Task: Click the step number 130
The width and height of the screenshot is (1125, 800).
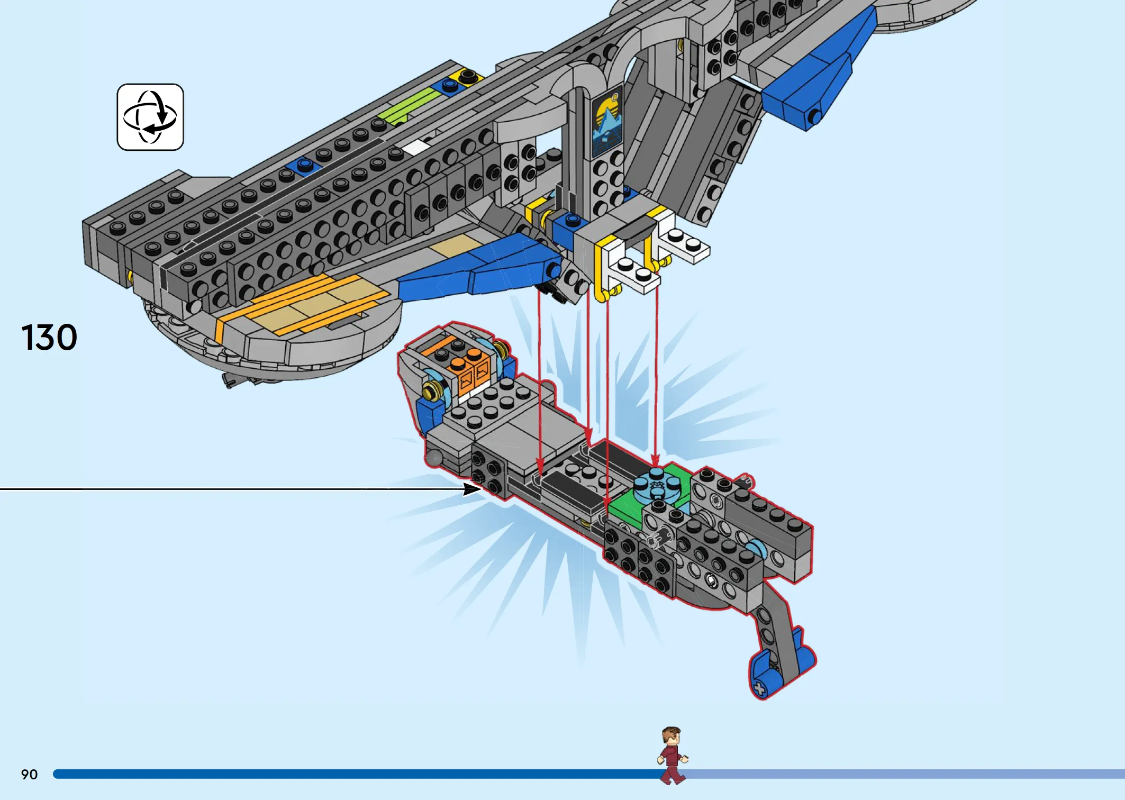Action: coord(49,338)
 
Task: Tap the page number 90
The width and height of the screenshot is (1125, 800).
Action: coord(29,775)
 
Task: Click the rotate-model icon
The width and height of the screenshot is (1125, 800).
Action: coord(150,117)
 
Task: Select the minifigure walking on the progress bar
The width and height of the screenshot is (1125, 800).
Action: coord(672,756)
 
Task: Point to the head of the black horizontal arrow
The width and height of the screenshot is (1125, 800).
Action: coord(472,489)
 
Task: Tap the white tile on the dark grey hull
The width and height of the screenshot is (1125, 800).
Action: coord(416,147)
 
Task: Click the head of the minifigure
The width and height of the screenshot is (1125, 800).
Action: coord(671,736)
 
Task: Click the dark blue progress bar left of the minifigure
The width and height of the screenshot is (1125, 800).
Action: coord(357,774)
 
